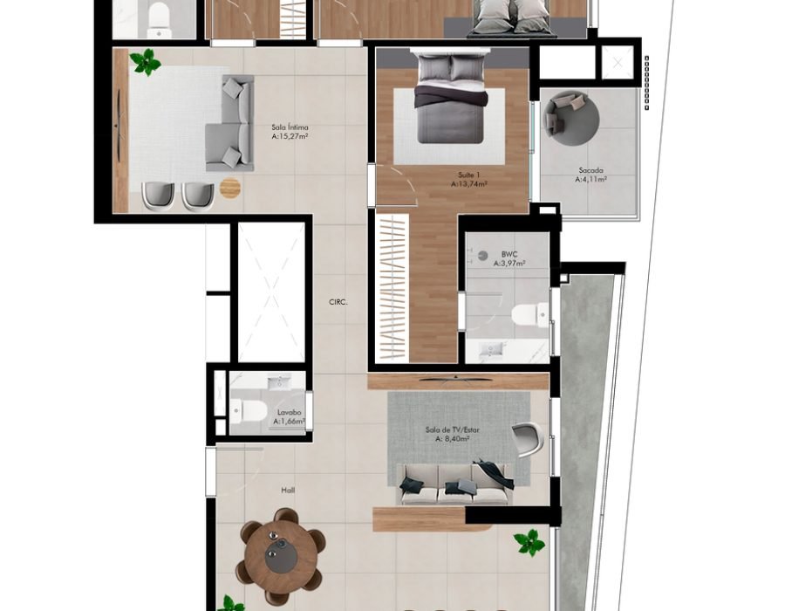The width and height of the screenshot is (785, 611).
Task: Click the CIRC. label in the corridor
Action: click(338, 302)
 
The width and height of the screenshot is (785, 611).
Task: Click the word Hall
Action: click(288, 491)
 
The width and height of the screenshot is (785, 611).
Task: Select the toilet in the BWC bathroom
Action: click(529, 314)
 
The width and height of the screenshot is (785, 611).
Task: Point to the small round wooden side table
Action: click(230, 188)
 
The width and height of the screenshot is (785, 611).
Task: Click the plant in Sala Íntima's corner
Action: click(145, 62)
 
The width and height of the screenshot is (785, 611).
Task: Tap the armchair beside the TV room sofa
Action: click(529, 439)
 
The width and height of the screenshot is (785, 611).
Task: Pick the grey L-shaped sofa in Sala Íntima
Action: click(230, 124)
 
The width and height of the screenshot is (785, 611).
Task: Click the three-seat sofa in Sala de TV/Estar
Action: click(454, 484)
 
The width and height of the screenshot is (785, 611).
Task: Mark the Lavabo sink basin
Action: click(276, 384)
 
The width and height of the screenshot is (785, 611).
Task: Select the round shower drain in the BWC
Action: click(482, 256)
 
